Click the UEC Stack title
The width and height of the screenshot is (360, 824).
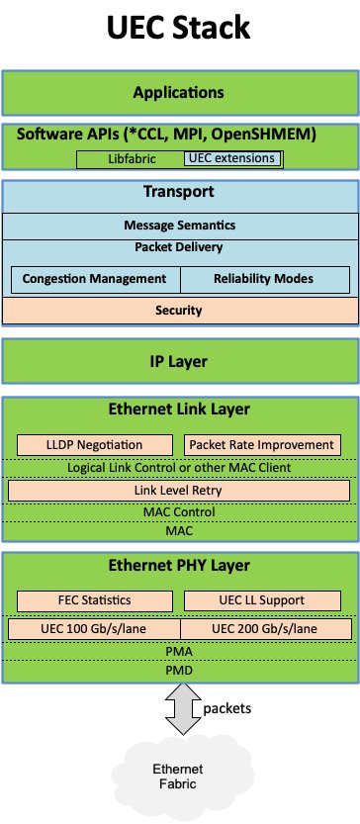179,30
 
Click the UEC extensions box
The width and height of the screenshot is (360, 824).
231,158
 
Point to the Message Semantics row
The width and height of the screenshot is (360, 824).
179,227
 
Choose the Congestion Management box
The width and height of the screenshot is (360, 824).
95,279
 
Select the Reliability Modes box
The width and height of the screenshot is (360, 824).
264,279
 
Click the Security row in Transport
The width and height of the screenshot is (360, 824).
179,311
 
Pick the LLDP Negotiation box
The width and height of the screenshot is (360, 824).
96,445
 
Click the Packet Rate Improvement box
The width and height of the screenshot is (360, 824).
263,445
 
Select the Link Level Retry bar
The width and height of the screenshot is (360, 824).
179,491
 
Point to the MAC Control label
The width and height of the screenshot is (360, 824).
179,512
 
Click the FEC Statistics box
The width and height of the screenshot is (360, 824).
96,600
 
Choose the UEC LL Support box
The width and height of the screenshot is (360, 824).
263,600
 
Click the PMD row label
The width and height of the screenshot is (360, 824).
179,671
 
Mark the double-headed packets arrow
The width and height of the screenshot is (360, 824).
179,710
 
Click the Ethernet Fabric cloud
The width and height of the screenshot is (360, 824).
179,776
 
